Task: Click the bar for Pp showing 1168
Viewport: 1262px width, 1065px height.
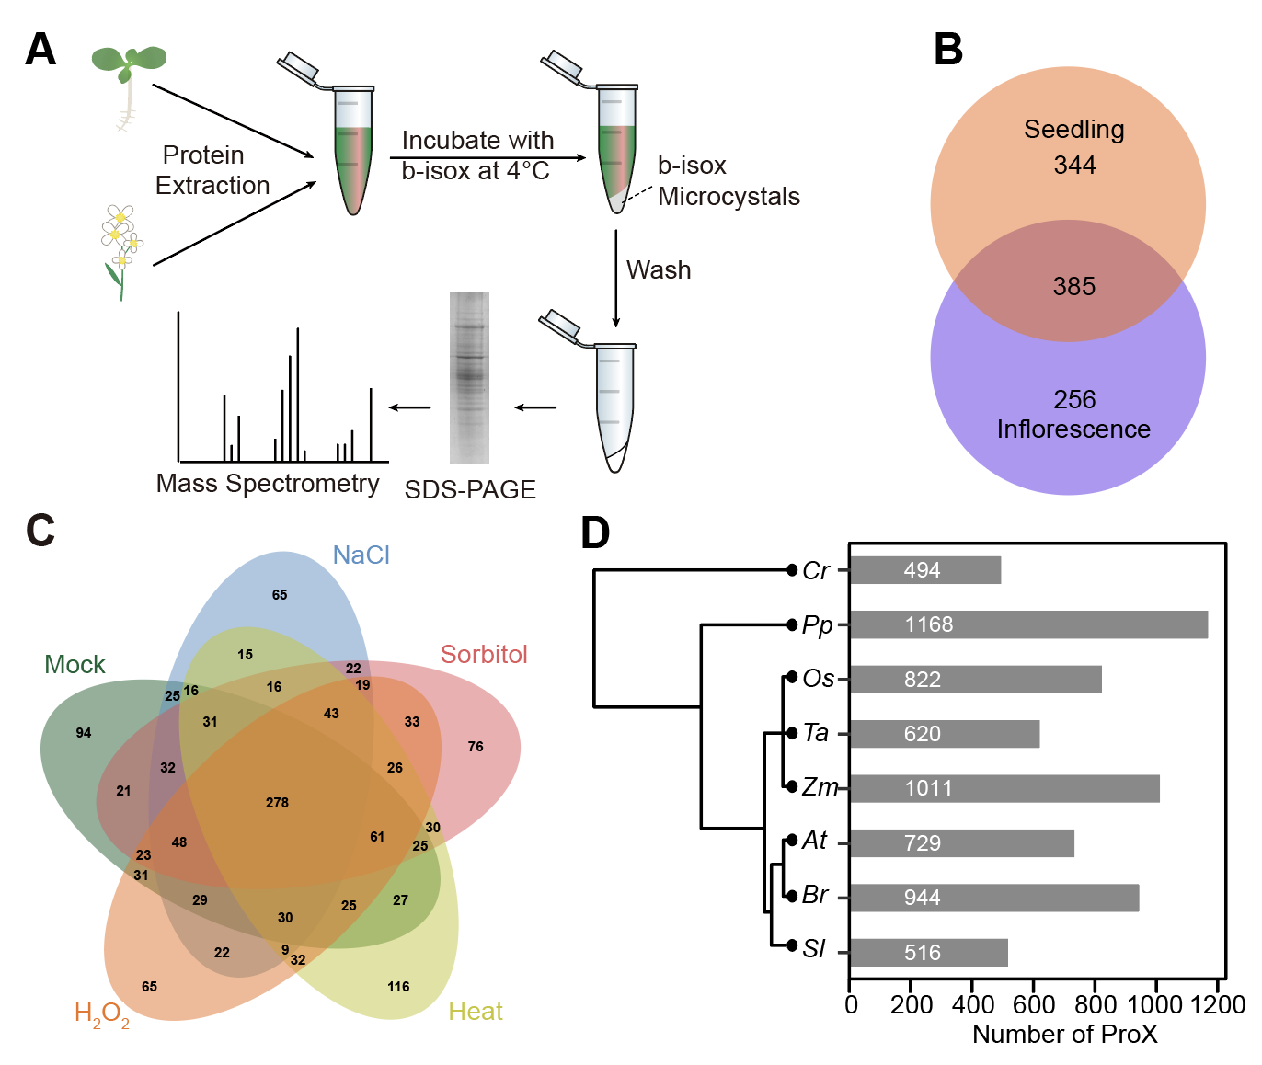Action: [1027, 624]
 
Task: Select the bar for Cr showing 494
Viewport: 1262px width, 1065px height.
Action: [924, 570]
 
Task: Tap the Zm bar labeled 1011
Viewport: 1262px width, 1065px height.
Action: [1004, 788]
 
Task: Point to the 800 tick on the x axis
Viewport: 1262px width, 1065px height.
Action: [1095, 1004]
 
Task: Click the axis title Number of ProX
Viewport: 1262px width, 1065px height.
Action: [1064, 1035]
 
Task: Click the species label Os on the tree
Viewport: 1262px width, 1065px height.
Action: [818, 679]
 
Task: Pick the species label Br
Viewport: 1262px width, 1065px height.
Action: [815, 895]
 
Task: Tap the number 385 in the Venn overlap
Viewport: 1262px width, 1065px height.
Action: [1073, 287]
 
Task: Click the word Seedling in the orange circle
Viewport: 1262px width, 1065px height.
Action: [1073, 130]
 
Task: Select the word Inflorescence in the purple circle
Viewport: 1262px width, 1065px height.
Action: [1073, 429]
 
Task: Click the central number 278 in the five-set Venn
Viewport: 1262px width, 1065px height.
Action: [277, 803]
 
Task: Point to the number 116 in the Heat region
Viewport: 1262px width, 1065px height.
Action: [398, 987]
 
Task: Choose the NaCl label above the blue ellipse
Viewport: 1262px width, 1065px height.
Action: [361, 555]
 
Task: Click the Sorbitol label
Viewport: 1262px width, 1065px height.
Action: [484, 655]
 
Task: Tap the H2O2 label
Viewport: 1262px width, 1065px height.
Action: [101, 1014]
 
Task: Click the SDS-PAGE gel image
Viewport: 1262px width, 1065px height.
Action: [469, 378]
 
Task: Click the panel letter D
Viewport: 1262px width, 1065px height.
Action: [595, 533]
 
